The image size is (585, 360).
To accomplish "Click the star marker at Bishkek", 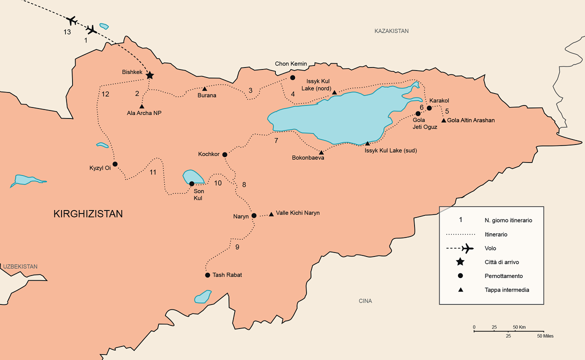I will pos(149,75).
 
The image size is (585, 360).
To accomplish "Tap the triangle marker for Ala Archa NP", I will pos(142,106).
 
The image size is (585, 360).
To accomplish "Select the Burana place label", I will pos(207,95).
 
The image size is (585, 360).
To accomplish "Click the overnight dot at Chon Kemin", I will pos(293,77).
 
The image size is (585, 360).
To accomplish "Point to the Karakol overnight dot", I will pos(429,108).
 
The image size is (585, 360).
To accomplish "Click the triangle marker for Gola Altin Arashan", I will pos(443,120).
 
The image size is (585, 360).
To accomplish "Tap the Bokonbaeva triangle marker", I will pos(321,152).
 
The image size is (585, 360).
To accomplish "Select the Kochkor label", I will pos(208,154).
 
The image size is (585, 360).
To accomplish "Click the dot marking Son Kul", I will pos(191,183).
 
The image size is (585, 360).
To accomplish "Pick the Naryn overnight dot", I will pos(253,215).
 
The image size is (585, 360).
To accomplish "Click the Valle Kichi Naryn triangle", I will pos(271,214).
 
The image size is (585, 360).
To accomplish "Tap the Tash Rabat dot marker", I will pos(207,275).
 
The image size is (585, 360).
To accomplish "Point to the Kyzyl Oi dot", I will pos(115,164).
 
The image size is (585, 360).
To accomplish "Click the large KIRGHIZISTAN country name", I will pos(88,214).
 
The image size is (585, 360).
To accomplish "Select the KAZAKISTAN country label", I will pos(391,31).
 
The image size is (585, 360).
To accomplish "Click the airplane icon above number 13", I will pos(71,20).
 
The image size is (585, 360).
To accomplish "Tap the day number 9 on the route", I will pos(237,247).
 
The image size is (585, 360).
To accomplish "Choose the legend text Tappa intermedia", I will pos(506,290).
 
